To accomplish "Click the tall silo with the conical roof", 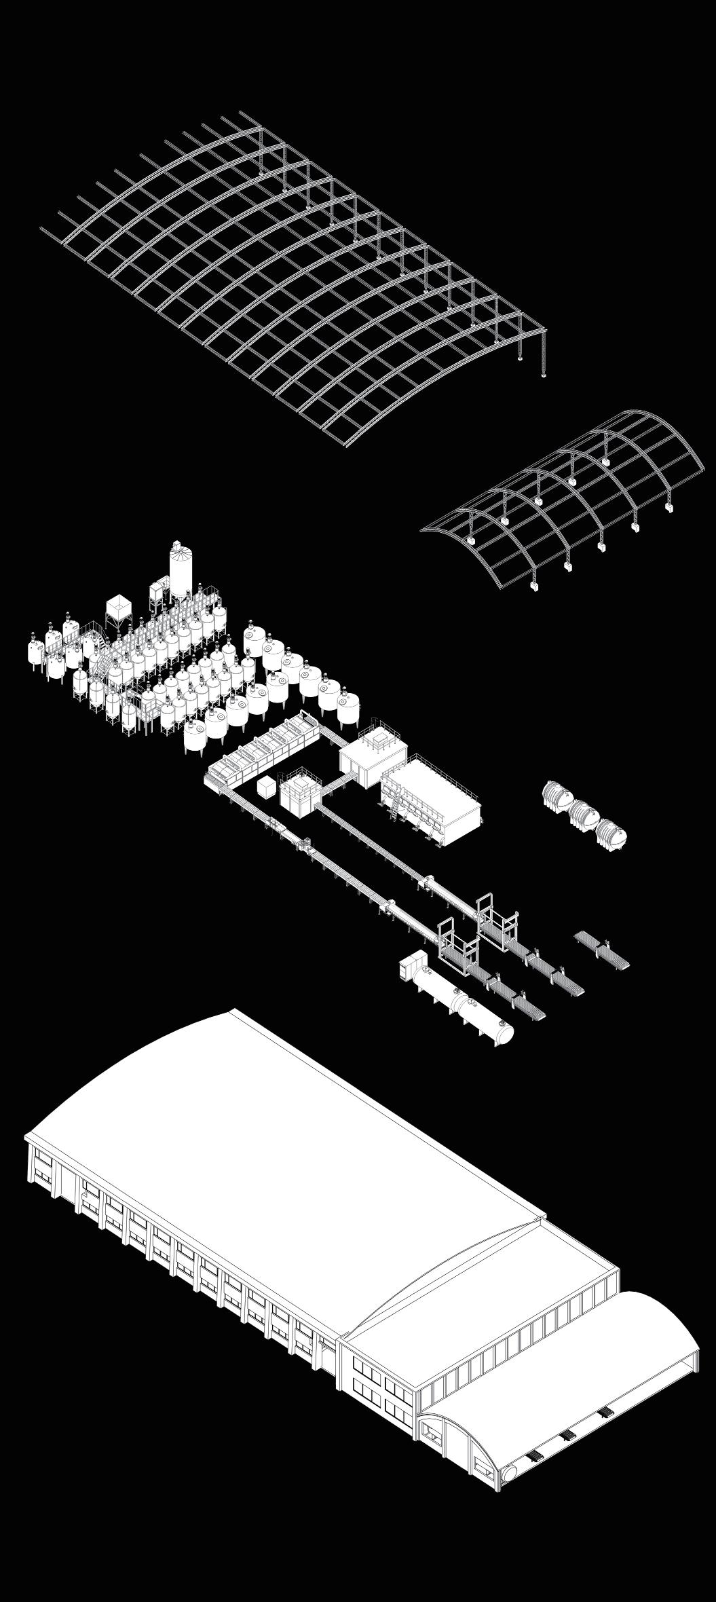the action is tap(181, 574).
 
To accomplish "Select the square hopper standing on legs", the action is tap(118, 609).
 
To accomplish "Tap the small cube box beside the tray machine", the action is tap(265, 787).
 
